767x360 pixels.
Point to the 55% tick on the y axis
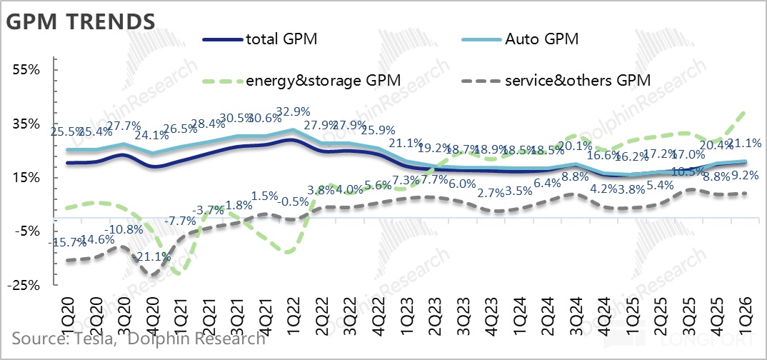[x=25, y=70]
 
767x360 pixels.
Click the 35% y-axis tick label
[x=25, y=124]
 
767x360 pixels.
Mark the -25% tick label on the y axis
[x=23, y=285]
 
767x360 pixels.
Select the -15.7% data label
[x=67, y=243]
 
